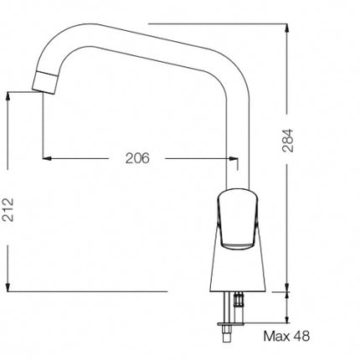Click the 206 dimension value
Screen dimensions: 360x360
click(x=137, y=158)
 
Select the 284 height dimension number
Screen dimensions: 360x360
click(x=288, y=141)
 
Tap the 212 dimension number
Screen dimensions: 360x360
click(x=8, y=209)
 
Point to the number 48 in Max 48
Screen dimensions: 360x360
click(x=301, y=336)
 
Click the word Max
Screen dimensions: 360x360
click(x=277, y=336)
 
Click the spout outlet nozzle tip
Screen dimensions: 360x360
click(x=45, y=82)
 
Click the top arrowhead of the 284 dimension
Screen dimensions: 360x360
click(x=287, y=28)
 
